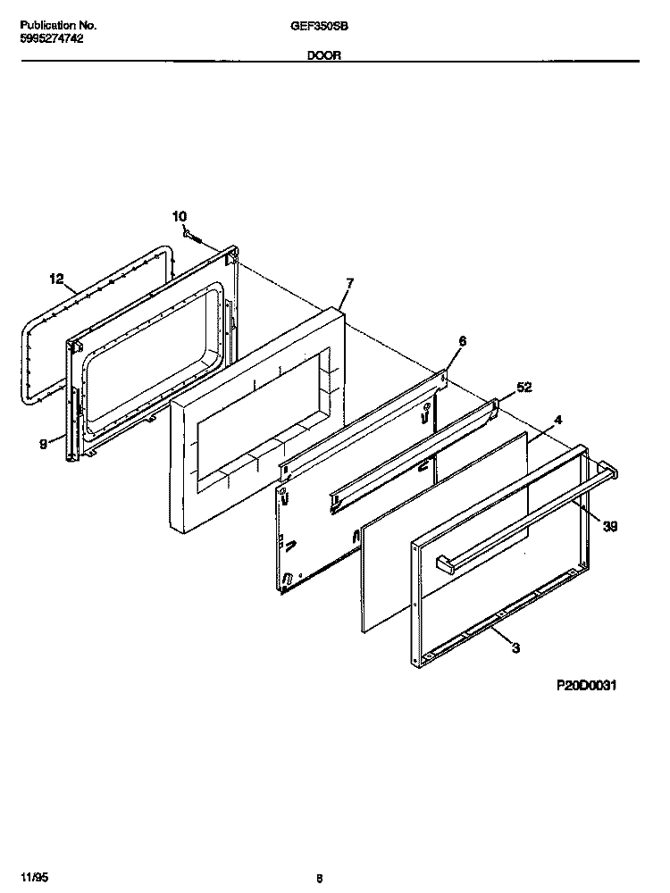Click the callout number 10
[180, 216]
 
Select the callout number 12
[56, 280]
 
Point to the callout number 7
[349, 283]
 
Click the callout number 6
[462, 340]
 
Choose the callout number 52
[524, 387]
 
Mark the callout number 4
[557, 419]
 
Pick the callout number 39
[610, 527]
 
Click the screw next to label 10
[193, 237]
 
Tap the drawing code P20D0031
[588, 686]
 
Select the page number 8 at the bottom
[318, 878]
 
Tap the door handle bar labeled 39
[527, 515]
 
